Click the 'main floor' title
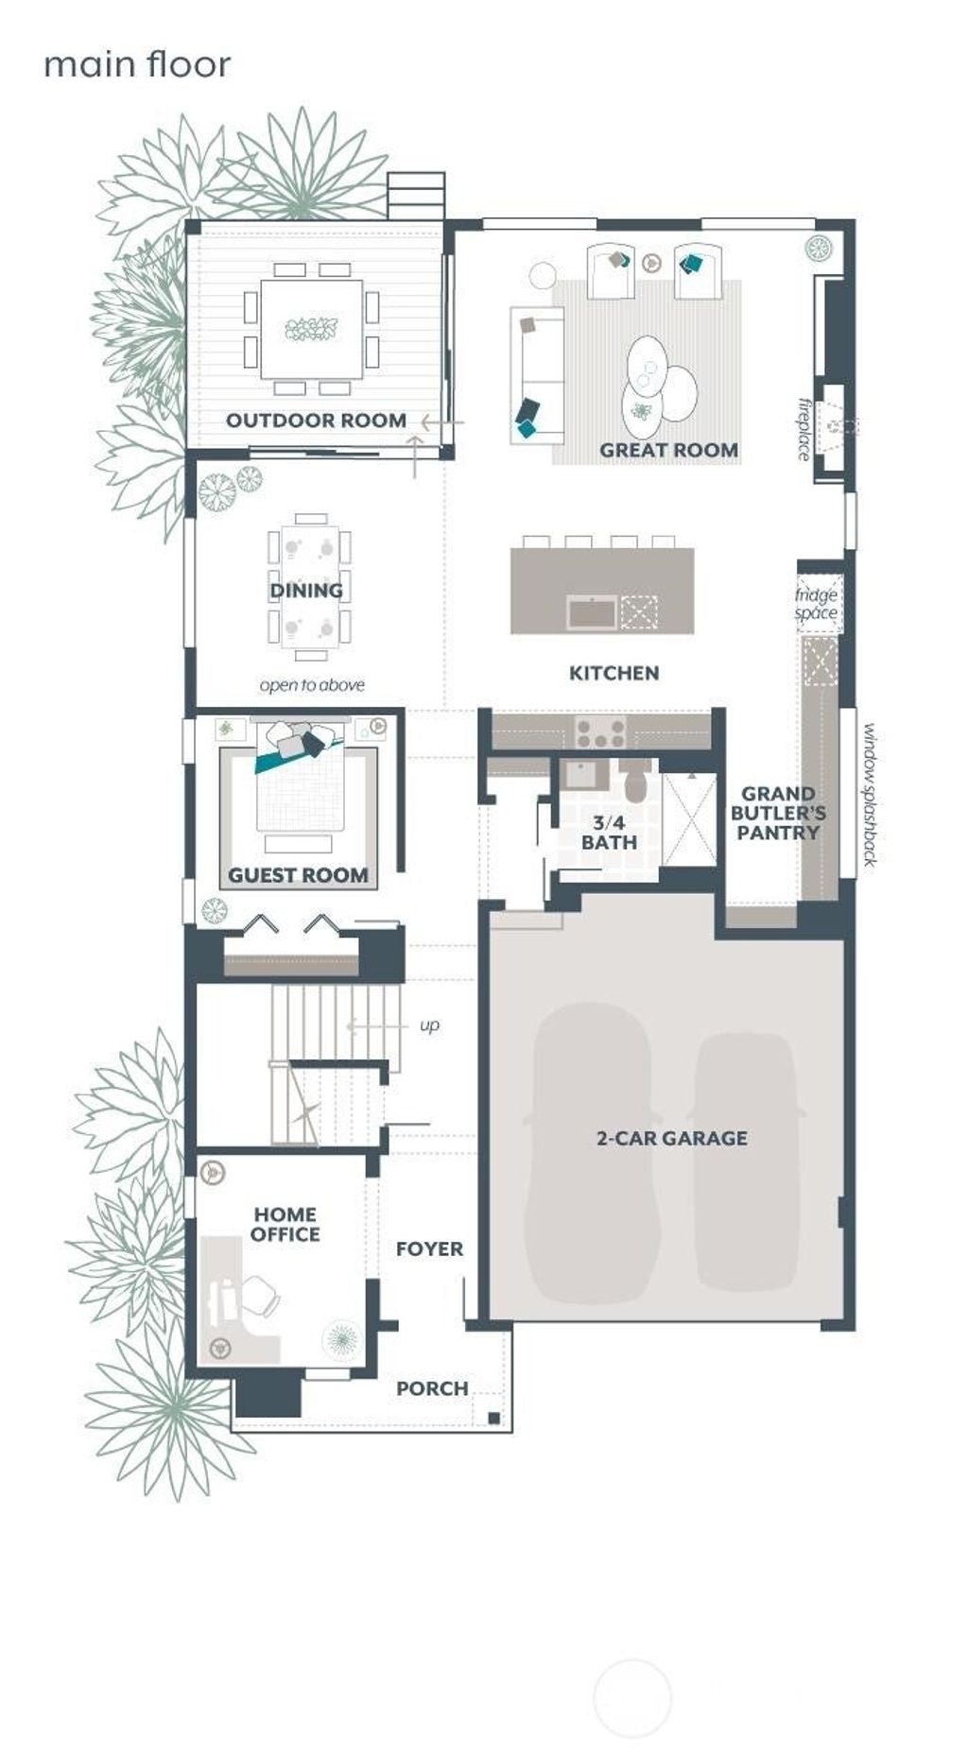[x=137, y=65]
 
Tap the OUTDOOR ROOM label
[x=316, y=421]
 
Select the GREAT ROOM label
[x=668, y=450]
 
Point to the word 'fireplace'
[x=804, y=429]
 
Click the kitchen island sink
[x=592, y=612]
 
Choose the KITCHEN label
[x=614, y=673]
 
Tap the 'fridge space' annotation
[x=816, y=603]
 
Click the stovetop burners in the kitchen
[x=601, y=731]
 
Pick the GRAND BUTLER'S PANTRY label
[x=778, y=813]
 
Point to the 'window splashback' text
[x=870, y=794]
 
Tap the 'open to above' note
[x=312, y=685]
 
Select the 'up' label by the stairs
[x=429, y=1026]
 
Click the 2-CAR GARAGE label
[x=671, y=1138]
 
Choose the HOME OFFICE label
[x=285, y=1224]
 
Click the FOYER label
[x=429, y=1248]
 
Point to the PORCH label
[x=432, y=1388]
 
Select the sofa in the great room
[x=536, y=374]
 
